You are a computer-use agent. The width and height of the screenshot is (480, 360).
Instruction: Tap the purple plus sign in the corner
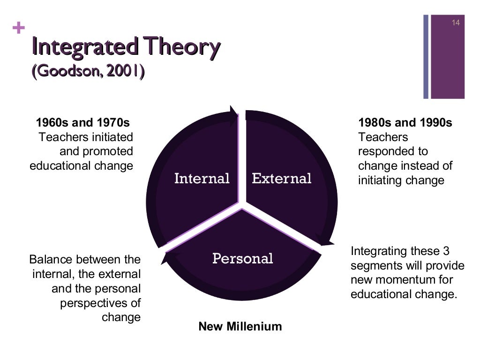point(19,29)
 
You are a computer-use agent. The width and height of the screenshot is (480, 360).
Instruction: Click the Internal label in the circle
point(202,179)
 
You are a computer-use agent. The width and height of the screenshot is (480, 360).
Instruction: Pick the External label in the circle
point(281,179)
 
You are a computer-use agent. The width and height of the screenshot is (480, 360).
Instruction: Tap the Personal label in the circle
point(242,258)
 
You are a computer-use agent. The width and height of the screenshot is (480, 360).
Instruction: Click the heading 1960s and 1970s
point(82,123)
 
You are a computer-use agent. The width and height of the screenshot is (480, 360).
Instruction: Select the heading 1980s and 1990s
point(405,123)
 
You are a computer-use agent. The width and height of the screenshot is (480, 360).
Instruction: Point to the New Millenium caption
point(240,326)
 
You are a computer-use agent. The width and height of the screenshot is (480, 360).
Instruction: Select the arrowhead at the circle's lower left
point(167,257)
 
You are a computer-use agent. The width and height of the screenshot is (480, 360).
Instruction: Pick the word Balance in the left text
point(52,259)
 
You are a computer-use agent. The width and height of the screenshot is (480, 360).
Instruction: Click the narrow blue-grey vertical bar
point(426,56)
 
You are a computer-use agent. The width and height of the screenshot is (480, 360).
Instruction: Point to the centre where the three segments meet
point(241,205)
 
